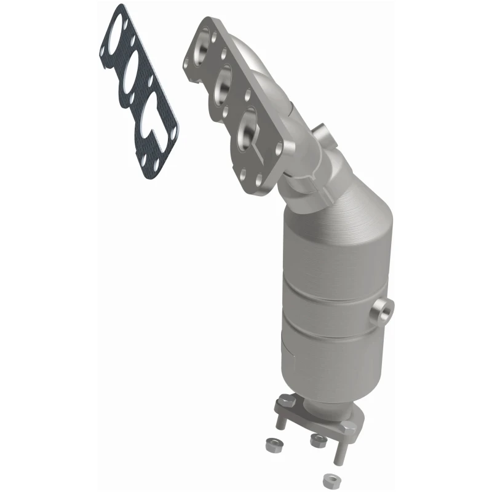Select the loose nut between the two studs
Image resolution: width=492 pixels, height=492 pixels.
(318, 438)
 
